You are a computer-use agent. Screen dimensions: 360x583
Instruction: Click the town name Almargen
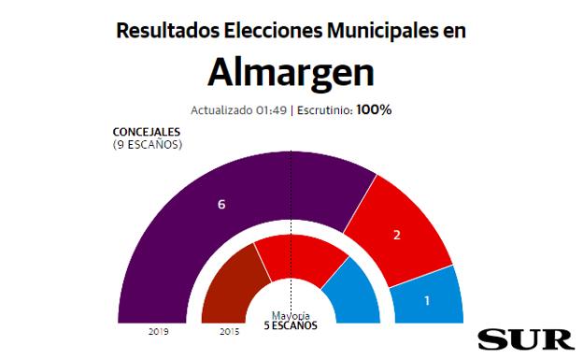point(291,71)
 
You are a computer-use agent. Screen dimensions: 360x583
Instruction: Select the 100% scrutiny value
point(374,109)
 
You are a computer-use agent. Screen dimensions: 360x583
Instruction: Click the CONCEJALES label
point(147,134)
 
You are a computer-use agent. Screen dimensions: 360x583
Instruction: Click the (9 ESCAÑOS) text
point(147,145)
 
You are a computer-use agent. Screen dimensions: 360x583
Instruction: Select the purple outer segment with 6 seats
point(206,224)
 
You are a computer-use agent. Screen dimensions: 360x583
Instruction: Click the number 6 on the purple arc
point(221,204)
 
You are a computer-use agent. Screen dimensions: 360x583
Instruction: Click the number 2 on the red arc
point(397,235)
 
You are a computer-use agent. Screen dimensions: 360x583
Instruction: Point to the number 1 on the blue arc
point(427,301)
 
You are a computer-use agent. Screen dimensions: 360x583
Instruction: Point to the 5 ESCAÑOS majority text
point(291,325)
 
